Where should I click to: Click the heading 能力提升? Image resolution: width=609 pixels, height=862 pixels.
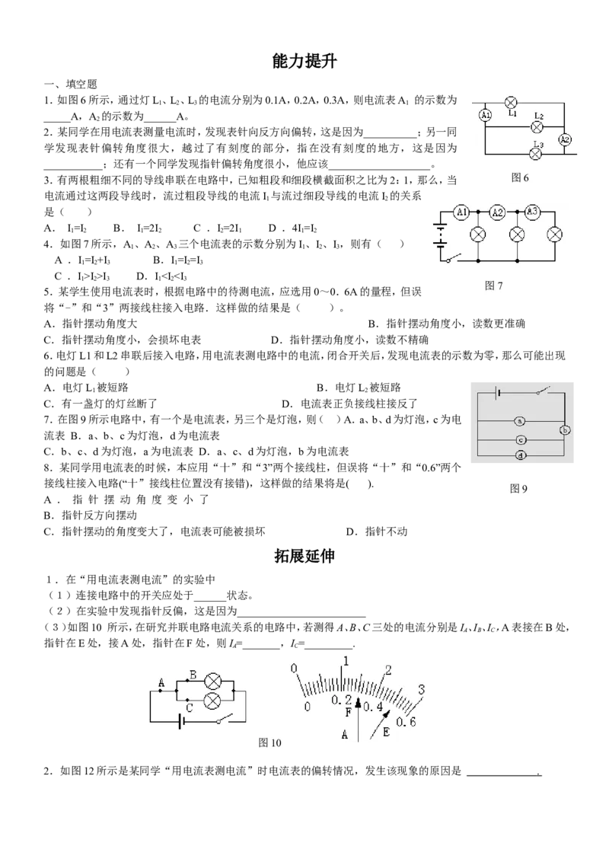(x=304, y=62)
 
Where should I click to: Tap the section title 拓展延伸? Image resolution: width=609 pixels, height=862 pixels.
(x=304, y=556)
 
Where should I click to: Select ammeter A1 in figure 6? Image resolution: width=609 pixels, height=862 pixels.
(x=485, y=115)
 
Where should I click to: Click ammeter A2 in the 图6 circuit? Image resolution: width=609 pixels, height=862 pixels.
(x=565, y=139)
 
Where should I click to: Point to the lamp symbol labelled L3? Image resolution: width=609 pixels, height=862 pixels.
(x=537, y=154)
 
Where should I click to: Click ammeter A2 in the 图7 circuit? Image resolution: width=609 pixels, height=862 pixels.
(x=497, y=212)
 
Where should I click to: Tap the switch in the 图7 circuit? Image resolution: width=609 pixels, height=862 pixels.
(x=454, y=257)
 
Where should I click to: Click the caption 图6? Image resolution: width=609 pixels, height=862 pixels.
(x=519, y=177)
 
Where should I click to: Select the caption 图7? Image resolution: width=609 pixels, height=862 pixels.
(x=493, y=286)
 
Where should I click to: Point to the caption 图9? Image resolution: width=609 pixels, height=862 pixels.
(x=519, y=488)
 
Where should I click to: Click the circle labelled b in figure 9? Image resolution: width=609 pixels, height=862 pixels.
(x=566, y=430)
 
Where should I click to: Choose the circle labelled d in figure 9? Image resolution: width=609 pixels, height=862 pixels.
(x=520, y=455)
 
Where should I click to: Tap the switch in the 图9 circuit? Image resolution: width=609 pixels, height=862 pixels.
(x=542, y=391)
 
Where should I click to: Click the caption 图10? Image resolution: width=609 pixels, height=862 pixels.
(x=270, y=742)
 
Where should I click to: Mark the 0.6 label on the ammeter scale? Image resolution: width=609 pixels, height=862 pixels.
(x=406, y=721)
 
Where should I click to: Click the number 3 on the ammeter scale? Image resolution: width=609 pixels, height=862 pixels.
(x=422, y=689)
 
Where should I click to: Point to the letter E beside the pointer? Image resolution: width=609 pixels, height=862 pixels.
(x=386, y=733)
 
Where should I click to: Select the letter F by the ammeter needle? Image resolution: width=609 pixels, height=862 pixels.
(x=347, y=713)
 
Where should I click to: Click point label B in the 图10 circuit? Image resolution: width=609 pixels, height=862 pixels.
(x=193, y=674)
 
